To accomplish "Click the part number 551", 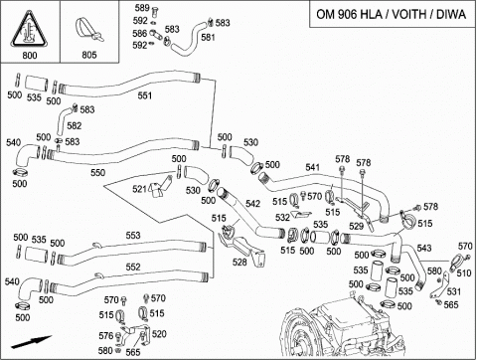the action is coord(145,95).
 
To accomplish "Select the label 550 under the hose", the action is coord(98,173).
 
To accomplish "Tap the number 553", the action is coord(133,236).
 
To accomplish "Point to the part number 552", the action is coord(133,267).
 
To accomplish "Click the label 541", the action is coord(313,167).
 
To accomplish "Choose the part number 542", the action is coord(253,204).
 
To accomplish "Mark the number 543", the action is coord(424,248).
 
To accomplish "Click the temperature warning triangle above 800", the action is coord(29,29).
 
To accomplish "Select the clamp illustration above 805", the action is coord(88,30).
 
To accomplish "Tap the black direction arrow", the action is coord(31,342).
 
